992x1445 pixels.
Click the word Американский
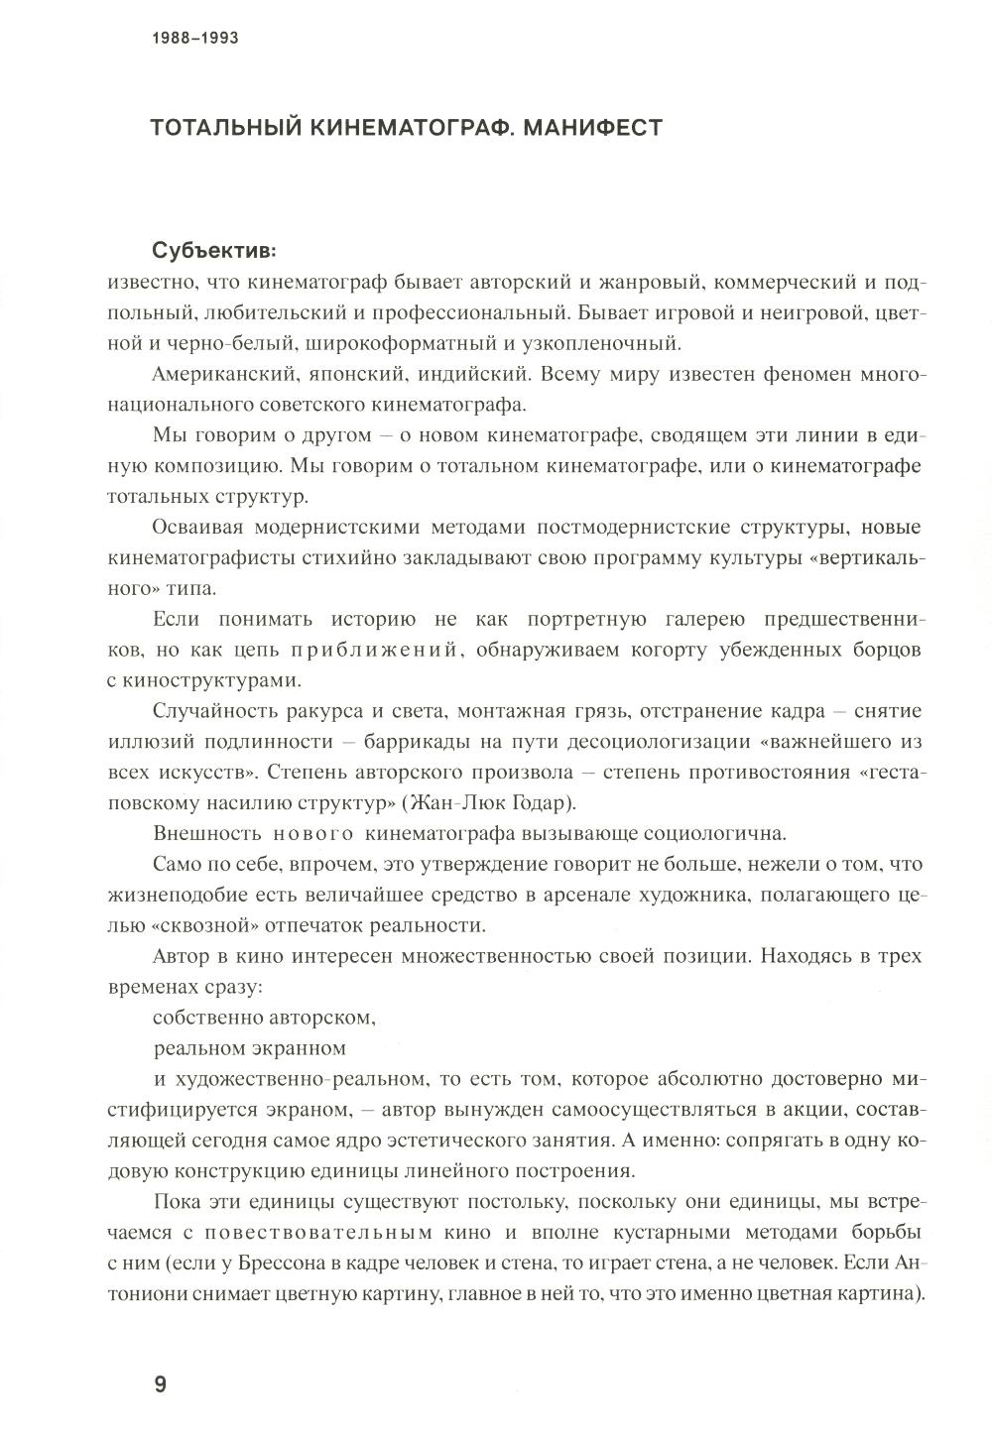tap(215, 375)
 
